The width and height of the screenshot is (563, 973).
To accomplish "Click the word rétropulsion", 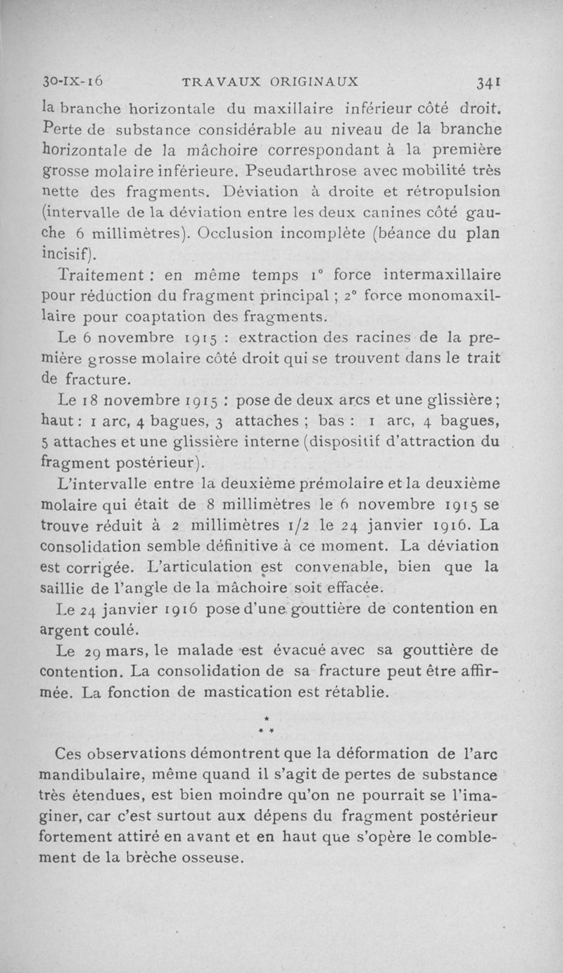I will point(449,191).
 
